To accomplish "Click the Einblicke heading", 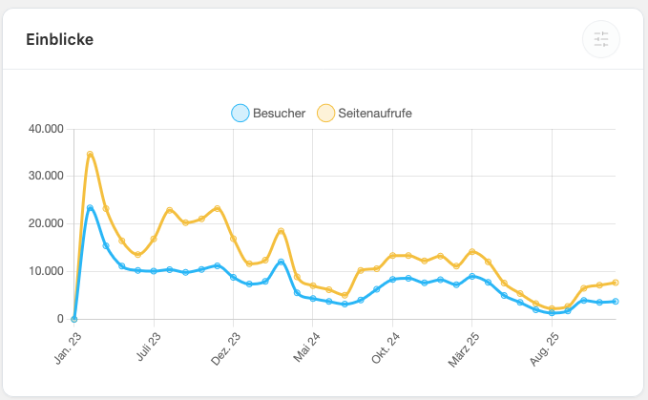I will tap(59, 39).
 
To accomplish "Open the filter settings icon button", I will tap(600, 39).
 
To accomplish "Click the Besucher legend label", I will tap(279, 114).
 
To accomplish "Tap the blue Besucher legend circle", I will tap(240, 114).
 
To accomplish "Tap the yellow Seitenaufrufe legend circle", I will tap(326, 114).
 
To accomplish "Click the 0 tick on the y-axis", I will tap(59, 319).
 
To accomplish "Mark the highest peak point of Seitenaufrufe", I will tap(90, 154).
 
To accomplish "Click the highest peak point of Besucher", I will tap(90, 208).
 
